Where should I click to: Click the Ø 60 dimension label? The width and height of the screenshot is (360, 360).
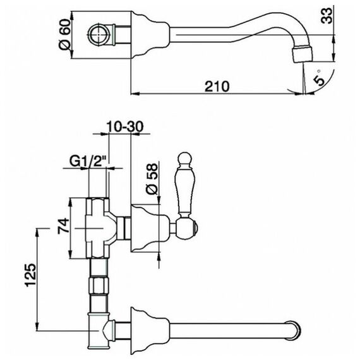[x=64, y=35]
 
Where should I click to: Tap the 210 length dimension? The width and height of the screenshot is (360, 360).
[x=217, y=87]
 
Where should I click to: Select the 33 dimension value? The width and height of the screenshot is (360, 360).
[x=327, y=15]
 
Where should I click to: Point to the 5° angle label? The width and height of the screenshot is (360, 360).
[x=320, y=78]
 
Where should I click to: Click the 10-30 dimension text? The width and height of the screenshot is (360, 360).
[x=125, y=126]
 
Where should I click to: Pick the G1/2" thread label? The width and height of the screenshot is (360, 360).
[x=89, y=162]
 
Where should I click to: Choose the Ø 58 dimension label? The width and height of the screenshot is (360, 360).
[x=152, y=179]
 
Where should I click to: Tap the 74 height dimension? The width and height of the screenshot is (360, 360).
[x=63, y=226]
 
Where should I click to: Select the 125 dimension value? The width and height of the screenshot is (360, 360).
[x=30, y=275]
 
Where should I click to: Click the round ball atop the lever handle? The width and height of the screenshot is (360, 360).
[x=185, y=159]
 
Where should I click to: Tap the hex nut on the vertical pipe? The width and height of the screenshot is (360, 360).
[x=99, y=285]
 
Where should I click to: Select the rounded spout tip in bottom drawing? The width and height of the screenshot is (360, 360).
[x=294, y=330]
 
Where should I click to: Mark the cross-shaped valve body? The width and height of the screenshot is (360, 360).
[x=97, y=228]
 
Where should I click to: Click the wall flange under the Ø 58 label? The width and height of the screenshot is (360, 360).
[x=150, y=228]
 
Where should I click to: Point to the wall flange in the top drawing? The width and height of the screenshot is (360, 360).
[x=150, y=35]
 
